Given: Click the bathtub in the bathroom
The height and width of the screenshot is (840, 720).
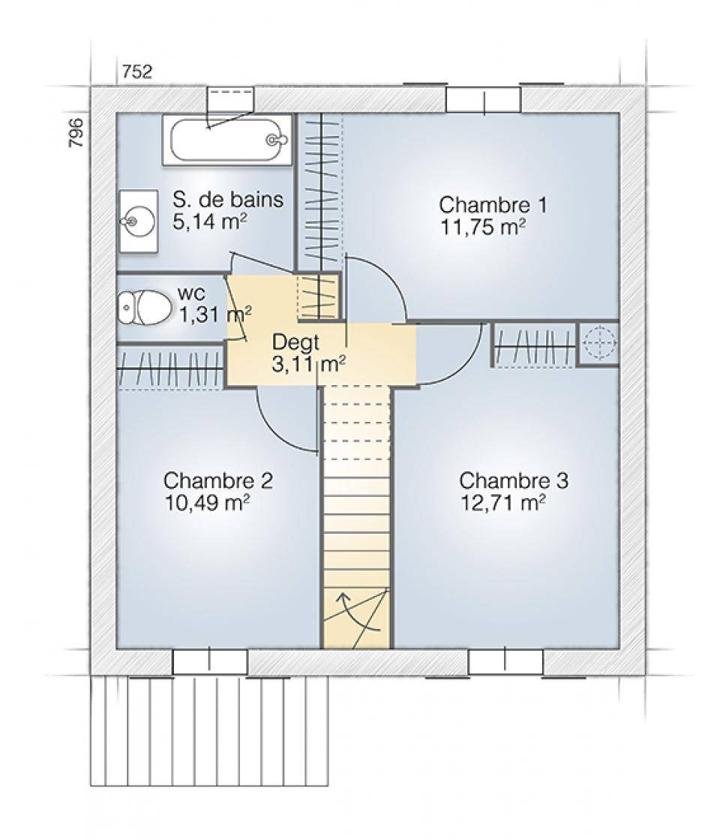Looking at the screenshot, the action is [x=227, y=140].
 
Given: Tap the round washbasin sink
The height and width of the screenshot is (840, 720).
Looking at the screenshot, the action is [x=137, y=221].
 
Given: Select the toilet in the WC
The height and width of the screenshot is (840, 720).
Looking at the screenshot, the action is [x=144, y=308].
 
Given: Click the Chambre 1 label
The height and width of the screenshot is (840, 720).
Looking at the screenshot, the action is [x=493, y=205].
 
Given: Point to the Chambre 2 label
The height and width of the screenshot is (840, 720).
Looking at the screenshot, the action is [x=217, y=480].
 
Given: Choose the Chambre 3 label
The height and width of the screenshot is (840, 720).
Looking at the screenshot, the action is [x=513, y=480].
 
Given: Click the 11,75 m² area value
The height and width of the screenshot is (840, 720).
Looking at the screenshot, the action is [x=482, y=227].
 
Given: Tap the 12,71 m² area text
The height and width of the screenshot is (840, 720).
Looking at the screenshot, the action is [x=503, y=503].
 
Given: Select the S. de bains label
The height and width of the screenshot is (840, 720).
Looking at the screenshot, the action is [x=228, y=199].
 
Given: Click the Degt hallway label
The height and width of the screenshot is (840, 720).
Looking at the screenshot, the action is [x=295, y=342].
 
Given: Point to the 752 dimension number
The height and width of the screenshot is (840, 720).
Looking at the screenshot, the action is [x=137, y=71].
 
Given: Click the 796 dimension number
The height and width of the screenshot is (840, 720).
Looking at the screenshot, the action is [x=76, y=133].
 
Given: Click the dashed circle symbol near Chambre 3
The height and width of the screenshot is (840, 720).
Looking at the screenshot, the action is [x=600, y=342].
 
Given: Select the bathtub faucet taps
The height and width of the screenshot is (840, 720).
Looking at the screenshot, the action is [x=275, y=140].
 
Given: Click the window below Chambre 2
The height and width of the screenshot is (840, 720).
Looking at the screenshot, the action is [x=210, y=662].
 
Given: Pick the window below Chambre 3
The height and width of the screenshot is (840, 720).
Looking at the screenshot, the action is [x=505, y=662].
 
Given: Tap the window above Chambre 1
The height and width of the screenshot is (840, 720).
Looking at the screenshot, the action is [x=484, y=100].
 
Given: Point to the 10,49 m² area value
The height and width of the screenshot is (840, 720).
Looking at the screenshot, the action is [x=207, y=503].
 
